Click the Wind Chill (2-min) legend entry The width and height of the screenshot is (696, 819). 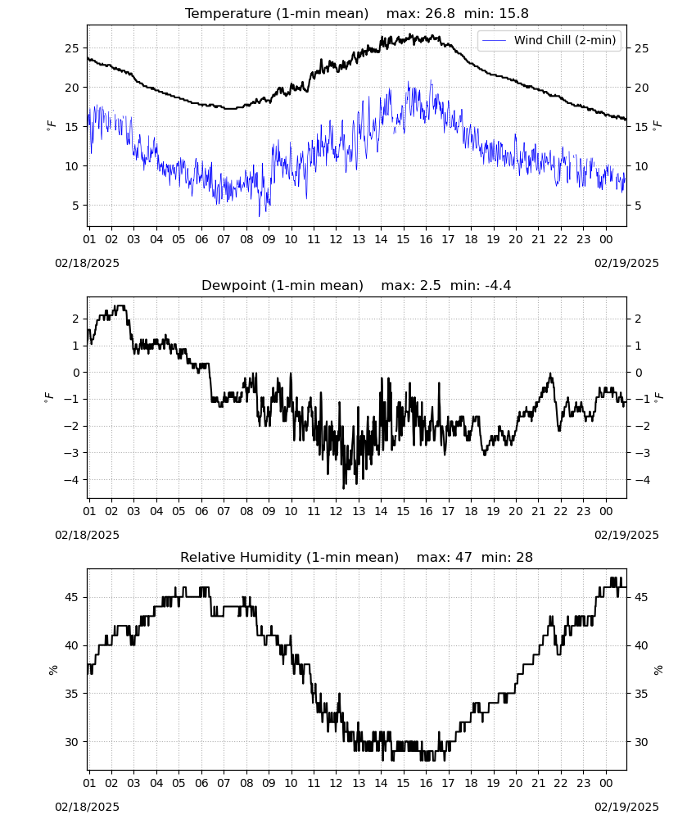pos(549,40)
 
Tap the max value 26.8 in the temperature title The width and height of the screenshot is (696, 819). pos(441,13)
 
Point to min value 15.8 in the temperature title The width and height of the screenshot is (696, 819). pos(513,13)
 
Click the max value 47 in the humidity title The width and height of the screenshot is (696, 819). pos(463,557)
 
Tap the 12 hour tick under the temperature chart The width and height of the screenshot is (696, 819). pos(336,239)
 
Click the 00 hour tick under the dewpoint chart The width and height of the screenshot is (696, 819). pos(606,511)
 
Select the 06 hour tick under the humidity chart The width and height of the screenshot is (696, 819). pos(201,784)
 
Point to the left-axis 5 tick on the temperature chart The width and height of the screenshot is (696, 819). pos(75,206)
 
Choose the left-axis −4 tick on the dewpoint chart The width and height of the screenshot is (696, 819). pos(72,479)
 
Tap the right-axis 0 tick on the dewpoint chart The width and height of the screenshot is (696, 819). pos(639,373)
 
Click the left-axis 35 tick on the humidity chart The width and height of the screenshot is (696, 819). pos(72,694)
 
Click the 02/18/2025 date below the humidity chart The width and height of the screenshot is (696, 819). pos(87,807)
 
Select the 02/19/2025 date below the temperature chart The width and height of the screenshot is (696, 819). pos(626,263)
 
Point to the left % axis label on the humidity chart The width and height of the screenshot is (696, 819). pos(52,670)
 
